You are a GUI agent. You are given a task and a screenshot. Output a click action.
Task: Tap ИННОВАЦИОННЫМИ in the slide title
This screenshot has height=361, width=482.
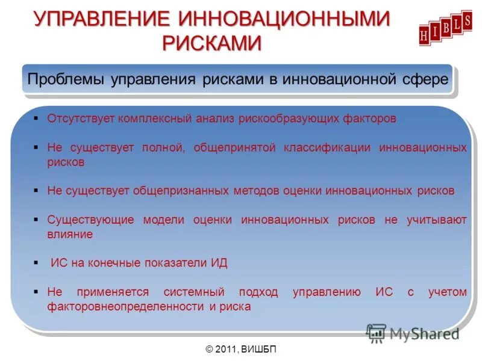pos(284,19)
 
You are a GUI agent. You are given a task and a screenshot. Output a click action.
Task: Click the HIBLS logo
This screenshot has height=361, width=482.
pos(445,28)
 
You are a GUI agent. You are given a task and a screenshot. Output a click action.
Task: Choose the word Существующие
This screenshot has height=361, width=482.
pos(90,220)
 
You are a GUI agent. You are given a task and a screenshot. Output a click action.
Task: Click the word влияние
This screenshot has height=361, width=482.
pos(70,235)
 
